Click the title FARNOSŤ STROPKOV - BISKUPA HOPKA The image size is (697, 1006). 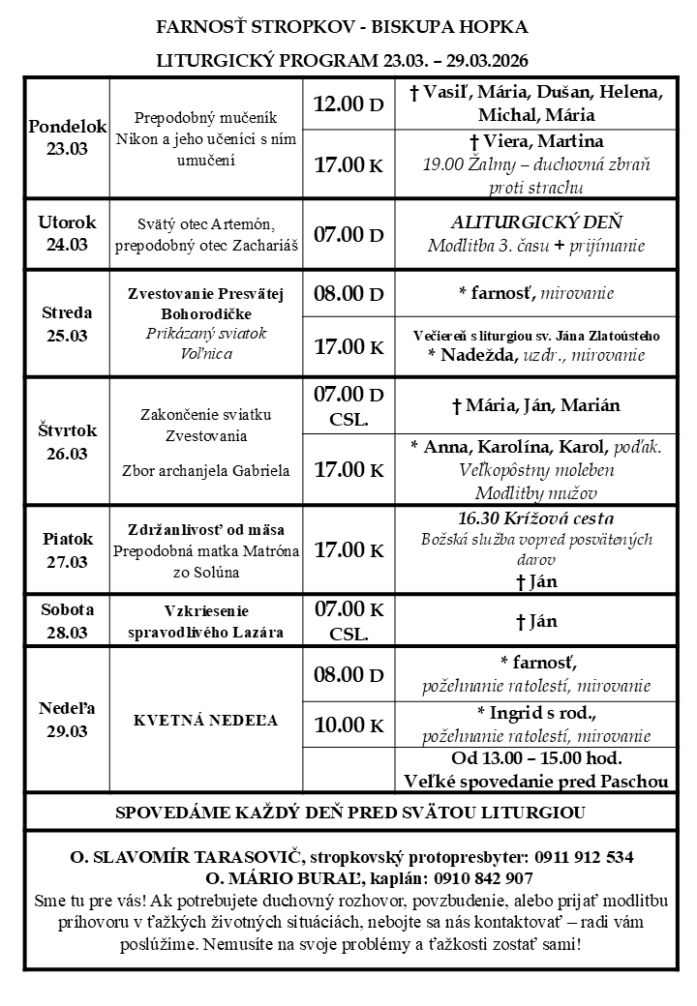click(x=342, y=26)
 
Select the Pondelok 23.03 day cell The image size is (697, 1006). click(x=66, y=137)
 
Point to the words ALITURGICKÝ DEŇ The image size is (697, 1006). click(x=534, y=221)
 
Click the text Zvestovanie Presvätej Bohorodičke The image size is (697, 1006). click(x=205, y=304)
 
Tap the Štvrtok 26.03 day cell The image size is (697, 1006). click(x=66, y=441)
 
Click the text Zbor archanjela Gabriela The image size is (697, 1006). click(x=205, y=471)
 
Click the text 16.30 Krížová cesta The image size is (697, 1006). click(x=534, y=518)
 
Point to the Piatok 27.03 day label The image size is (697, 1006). click(x=66, y=549)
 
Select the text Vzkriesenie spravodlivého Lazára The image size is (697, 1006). click(x=205, y=621)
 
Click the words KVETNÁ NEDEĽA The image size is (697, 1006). click(x=205, y=721)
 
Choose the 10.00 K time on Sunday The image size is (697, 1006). click(x=348, y=725)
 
